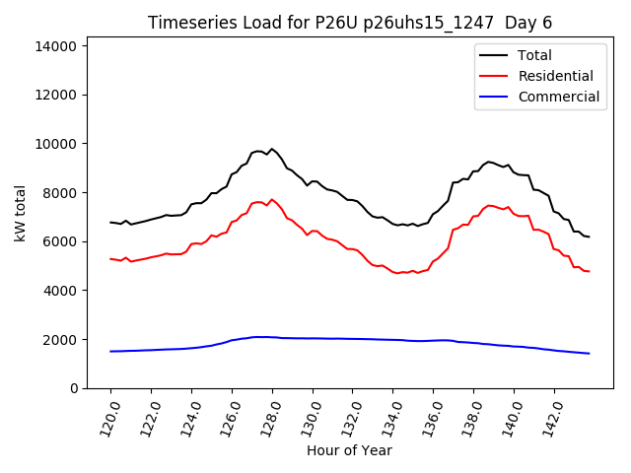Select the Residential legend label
point(555,76)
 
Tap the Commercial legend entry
point(558,97)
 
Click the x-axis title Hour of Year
point(349,450)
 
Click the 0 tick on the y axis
point(74,388)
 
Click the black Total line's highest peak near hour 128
point(272,149)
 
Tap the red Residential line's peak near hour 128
point(272,199)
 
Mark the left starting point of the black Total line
point(110,223)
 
